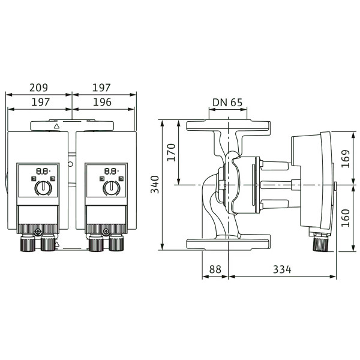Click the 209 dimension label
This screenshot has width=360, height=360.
pos(38,88)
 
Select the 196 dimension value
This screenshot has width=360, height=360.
pos(102,102)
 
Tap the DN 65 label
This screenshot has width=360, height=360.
pos(227,103)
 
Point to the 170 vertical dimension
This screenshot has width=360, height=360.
pos(171,152)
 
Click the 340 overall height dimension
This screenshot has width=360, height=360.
pos(155,184)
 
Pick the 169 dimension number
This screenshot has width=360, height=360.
pos(346,158)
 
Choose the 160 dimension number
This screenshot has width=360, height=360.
pos(346,218)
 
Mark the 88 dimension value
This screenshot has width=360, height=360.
pos(215,269)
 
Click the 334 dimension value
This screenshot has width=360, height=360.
pos(282,269)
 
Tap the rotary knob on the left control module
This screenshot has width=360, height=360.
pos(43,188)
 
